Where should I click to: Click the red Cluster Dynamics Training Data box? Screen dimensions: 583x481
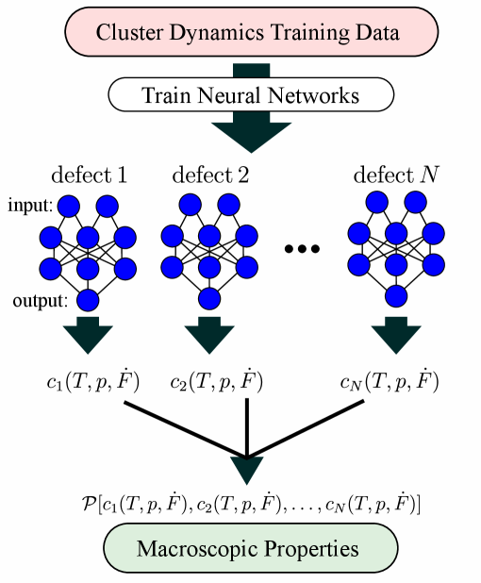point(248,32)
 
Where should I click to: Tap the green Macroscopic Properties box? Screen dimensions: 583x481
point(247,548)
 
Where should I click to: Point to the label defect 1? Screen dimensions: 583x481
point(90,175)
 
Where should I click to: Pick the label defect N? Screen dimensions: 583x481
point(395,175)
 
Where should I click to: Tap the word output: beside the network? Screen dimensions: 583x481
point(40,302)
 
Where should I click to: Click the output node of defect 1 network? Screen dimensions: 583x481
point(88,301)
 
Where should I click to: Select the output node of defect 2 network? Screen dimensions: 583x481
point(208,301)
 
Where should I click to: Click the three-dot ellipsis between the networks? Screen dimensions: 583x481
point(303,250)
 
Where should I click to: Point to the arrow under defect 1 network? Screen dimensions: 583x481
point(89,337)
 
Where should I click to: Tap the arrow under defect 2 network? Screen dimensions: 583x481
point(208,337)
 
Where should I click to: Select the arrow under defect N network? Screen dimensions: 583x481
point(395,337)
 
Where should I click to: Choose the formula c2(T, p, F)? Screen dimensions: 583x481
point(216,382)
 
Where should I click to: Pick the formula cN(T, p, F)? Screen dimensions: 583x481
point(389,382)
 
